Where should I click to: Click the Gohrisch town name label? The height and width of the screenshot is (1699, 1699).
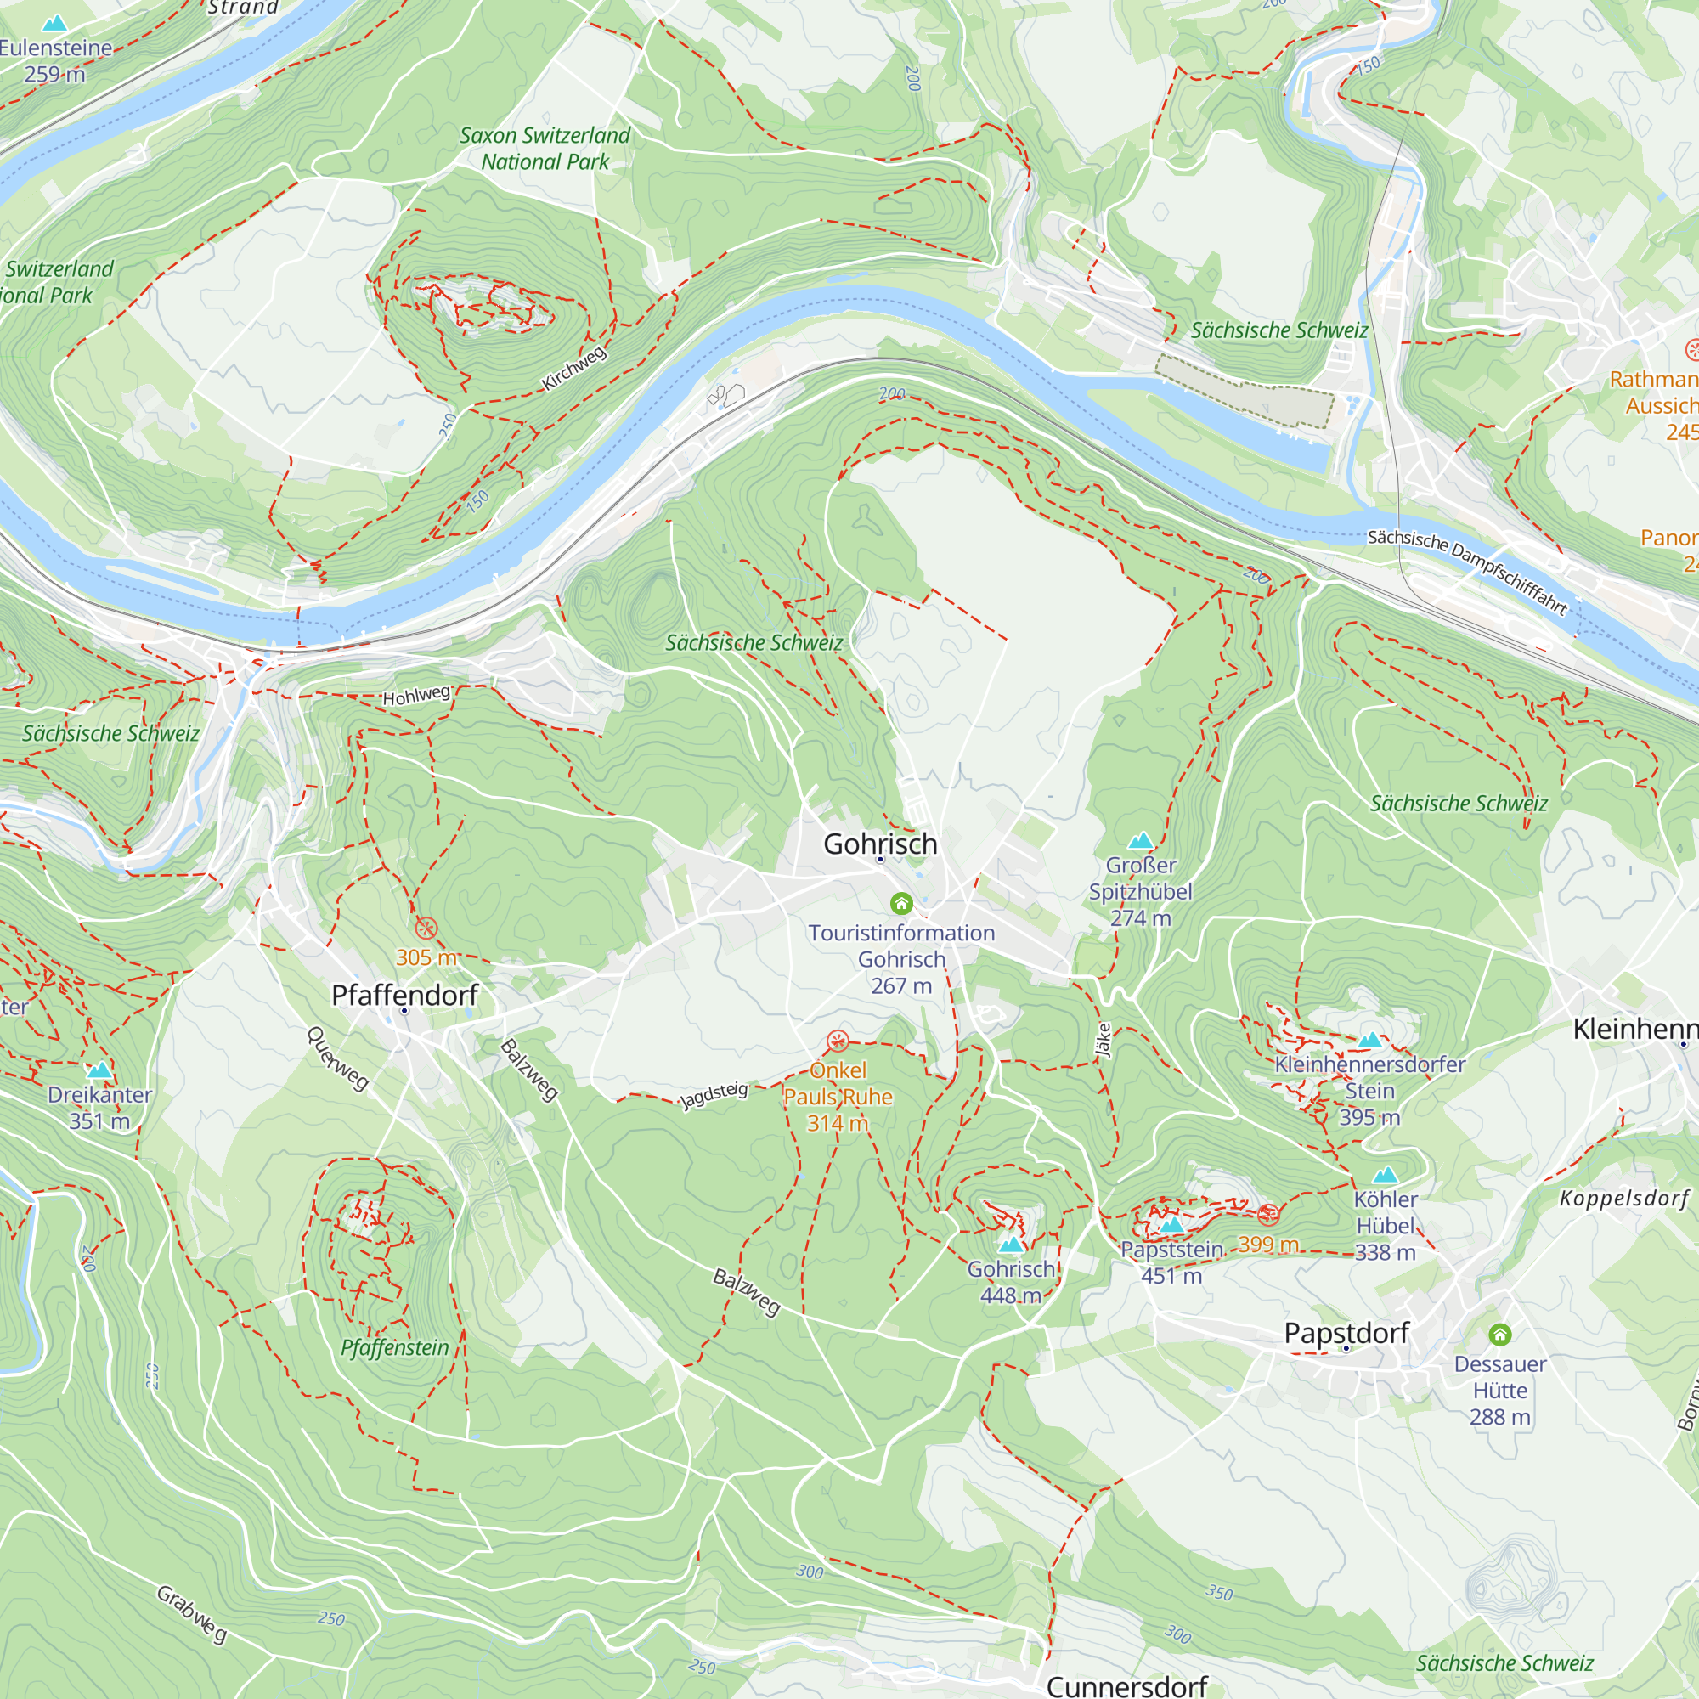(x=880, y=844)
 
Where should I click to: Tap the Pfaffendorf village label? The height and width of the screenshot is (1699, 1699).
(x=404, y=996)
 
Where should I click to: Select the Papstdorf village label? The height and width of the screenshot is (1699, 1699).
(x=1346, y=1333)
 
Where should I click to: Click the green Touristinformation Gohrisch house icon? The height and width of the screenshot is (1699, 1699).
(x=901, y=903)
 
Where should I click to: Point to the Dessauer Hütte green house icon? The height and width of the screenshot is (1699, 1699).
(x=1500, y=1335)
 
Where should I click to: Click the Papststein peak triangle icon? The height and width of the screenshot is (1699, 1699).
(x=1171, y=1225)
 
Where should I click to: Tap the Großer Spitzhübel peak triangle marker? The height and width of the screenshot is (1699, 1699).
(x=1141, y=841)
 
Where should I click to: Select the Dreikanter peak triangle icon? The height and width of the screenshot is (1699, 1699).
(x=99, y=1070)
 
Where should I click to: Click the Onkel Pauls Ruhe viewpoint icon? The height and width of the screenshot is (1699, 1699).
(x=838, y=1042)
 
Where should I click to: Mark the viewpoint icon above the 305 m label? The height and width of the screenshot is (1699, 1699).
(x=426, y=929)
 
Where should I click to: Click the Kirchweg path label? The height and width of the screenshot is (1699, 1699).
(x=574, y=369)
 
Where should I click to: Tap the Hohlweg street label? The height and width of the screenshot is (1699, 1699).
(x=417, y=696)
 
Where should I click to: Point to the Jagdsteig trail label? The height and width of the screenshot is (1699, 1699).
(x=715, y=1095)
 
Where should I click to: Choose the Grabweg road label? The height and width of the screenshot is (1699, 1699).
(x=192, y=1614)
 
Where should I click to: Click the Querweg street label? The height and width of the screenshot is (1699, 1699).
(x=338, y=1058)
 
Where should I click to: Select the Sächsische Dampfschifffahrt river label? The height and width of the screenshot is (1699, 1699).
(x=1467, y=573)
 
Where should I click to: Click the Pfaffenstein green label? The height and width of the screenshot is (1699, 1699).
(x=395, y=1348)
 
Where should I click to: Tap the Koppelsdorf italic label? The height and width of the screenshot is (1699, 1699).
(x=1624, y=1199)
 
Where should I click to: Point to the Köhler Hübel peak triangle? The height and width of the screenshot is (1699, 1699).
(x=1385, y=1175)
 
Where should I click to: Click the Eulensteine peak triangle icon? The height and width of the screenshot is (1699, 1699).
(x=54, y=23)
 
